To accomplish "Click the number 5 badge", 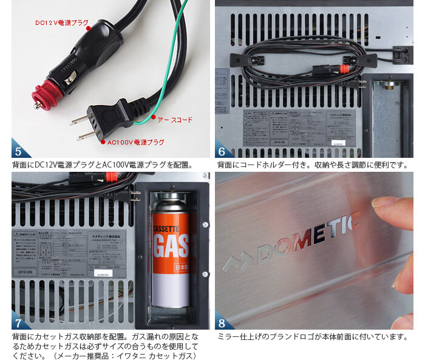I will coord(18,149).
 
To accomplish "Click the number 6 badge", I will coord(222,149).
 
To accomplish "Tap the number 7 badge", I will coord(18,321).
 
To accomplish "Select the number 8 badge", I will coord(222,321).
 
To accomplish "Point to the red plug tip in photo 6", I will coord(344,69).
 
